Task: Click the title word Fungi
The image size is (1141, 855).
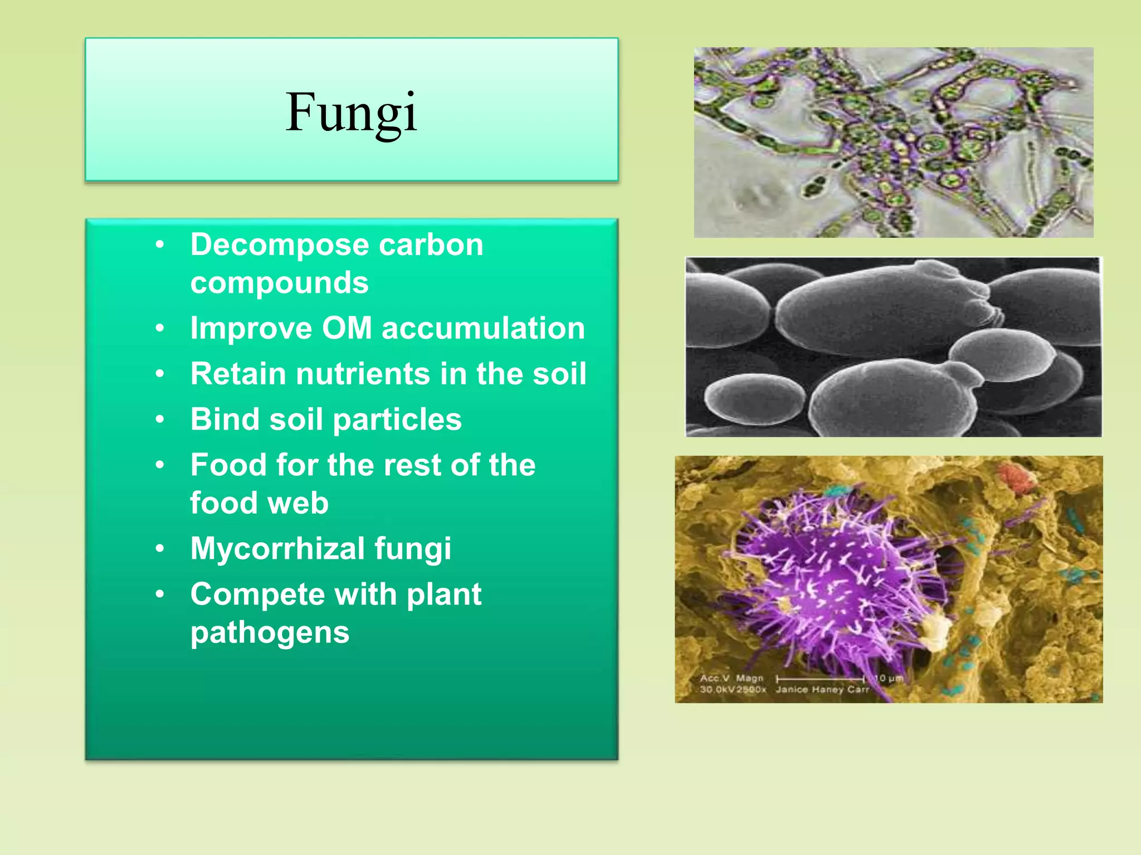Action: (x=351, y=112)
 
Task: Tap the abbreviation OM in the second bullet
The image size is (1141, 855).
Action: (x=347, y=328)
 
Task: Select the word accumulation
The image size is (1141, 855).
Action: (x=483, y=328)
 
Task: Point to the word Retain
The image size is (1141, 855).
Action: (x=238, y=374)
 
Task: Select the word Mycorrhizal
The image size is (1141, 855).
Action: (x=277, y=549)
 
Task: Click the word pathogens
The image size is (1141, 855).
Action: (x=270, y=633)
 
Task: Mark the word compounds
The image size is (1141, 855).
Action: (x=279, y=283)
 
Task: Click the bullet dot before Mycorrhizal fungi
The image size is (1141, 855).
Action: (x=160, y=549)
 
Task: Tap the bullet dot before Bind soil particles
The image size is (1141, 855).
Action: (x=160, y=419)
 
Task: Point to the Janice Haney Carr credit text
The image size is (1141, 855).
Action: (x=822, y=690)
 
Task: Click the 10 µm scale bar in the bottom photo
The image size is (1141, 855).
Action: (x=821, y=679)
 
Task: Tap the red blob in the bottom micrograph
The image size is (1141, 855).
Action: (x=1016, y=477)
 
